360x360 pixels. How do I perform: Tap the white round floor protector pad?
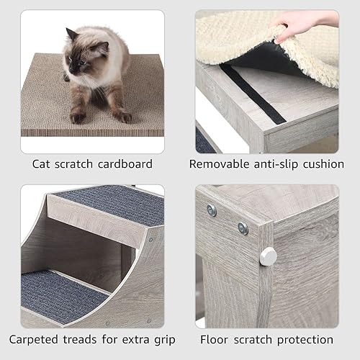point(269,255)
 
